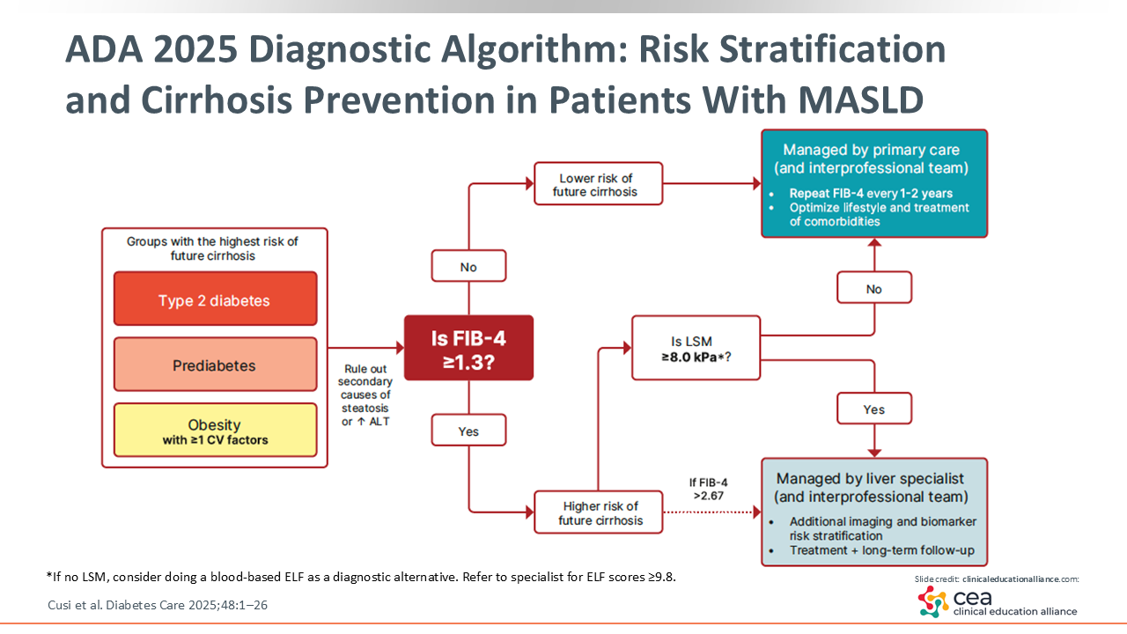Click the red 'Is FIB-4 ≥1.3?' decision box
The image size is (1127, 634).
468,348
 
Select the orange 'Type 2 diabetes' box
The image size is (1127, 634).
216,299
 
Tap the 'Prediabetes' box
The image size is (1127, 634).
216,365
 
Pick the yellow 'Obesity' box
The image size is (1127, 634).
216,431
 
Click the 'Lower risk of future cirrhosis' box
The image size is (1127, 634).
598,184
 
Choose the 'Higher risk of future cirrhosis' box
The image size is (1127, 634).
598,512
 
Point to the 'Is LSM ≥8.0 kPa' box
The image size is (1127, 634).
696,348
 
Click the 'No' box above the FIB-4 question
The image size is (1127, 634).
468,266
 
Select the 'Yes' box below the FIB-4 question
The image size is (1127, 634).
468,431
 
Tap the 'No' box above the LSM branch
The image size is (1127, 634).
874,288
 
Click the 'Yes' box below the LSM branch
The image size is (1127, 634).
874,409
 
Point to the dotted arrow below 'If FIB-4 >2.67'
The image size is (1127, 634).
712,512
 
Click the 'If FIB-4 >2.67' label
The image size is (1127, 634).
709,489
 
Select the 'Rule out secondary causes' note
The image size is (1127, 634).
365,395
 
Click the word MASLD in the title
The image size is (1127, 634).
861,100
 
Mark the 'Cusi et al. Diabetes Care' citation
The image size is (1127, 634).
158,605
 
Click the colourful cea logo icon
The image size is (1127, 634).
933,601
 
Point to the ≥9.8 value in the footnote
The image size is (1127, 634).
659,577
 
